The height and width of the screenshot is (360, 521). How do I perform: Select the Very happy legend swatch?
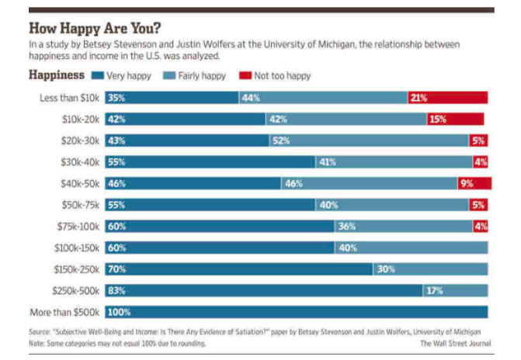(97, 76)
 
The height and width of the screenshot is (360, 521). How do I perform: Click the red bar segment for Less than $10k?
(447, 98)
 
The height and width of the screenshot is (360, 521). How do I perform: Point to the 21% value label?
(419, 98)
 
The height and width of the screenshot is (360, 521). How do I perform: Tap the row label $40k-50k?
(81, 183)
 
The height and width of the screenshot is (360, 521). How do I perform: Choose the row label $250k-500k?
(75, 290)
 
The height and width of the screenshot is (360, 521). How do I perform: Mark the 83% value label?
(116, 290)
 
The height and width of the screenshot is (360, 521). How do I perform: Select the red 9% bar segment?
(474, 183)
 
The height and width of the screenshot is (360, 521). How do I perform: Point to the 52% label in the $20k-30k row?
(280, 140)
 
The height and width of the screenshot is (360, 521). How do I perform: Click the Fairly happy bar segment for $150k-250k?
(430, 269)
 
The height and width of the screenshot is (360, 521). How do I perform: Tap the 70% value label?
(116, 269)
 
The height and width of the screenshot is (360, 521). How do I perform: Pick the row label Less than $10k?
(71, 98)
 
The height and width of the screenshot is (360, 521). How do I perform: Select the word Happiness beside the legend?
(56, 75)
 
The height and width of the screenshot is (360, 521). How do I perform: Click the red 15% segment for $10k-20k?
(455, 119)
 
